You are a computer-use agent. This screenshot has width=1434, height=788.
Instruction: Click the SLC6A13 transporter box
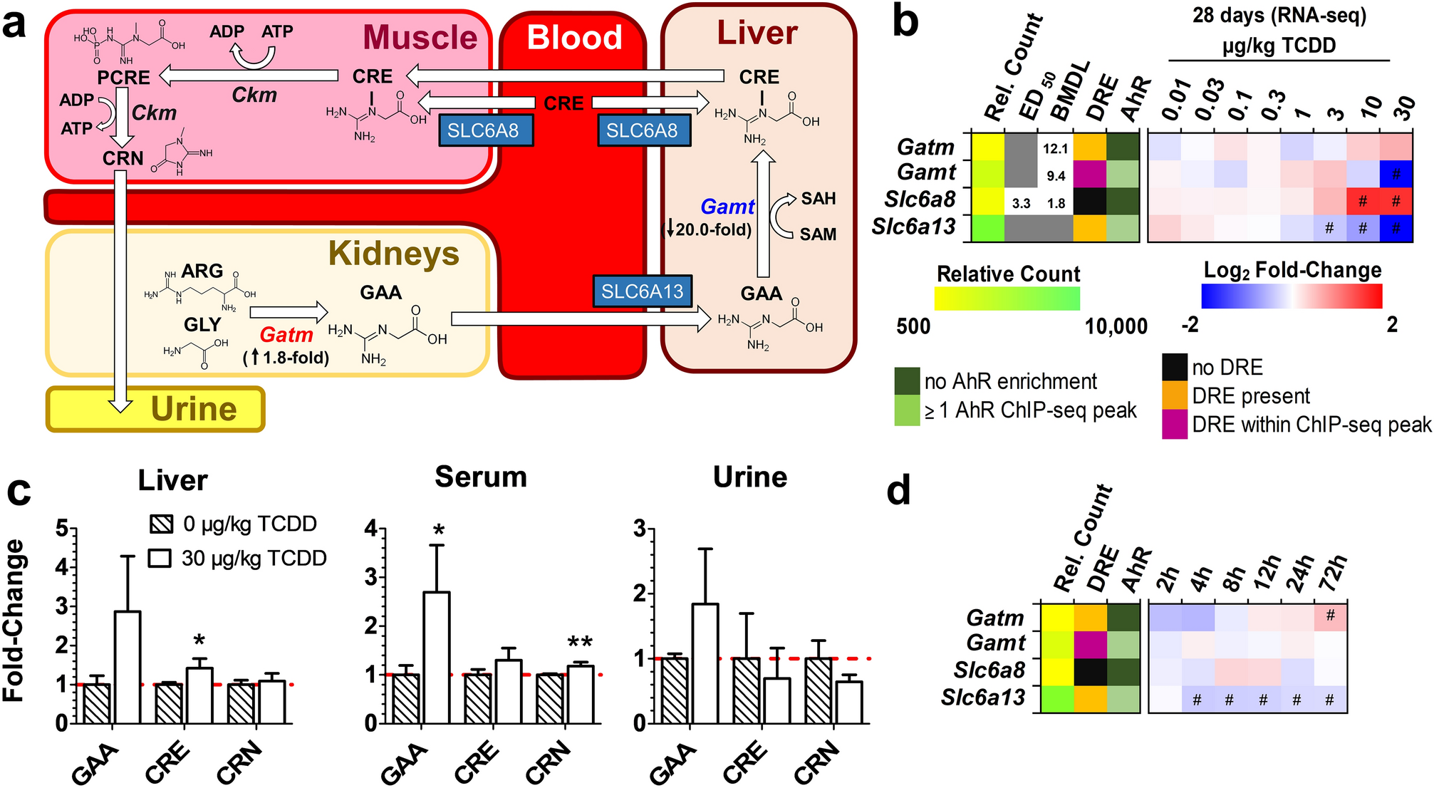[642, 291]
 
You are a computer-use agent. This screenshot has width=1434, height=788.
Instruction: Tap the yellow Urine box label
[193, 409]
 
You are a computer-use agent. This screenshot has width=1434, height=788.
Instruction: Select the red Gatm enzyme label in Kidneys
[286, 334]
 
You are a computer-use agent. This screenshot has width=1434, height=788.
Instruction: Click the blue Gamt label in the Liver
[727, 207]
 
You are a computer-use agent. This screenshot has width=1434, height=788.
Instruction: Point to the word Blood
[574, 37]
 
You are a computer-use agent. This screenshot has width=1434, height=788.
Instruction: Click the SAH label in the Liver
[818, 199]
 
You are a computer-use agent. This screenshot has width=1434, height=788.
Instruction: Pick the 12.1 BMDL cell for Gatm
[1055, 148]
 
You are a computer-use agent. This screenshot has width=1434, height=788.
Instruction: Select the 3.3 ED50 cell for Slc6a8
[1021, 203]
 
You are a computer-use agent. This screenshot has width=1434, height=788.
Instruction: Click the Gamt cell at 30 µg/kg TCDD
[1396, 175]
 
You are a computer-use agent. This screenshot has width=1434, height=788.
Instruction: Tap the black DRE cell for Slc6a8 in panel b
[1090, 202]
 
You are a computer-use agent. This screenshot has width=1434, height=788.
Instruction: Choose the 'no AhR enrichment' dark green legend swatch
[908, 381]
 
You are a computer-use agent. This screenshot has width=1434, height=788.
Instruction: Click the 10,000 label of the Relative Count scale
[1116, 326]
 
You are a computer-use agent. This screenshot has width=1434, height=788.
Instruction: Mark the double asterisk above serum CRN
[580, 643]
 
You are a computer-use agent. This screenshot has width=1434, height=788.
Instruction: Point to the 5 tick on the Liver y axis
[63, 529]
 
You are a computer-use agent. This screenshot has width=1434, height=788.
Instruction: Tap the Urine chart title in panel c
[750, 477]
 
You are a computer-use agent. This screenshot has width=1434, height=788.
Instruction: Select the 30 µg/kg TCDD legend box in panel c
[160, 558]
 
